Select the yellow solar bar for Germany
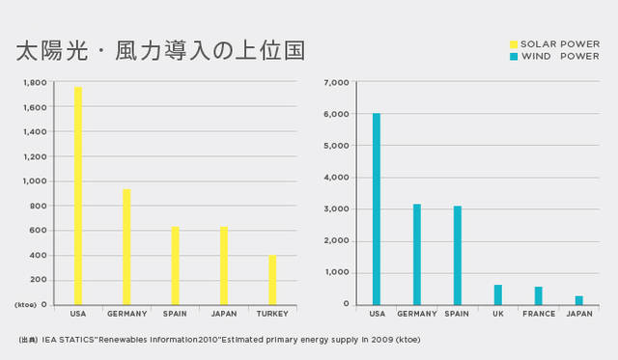[x=126, y=247]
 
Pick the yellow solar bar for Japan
[x=224, y=265]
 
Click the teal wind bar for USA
[x=377, y=208]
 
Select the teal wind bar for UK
[x=498, y=294]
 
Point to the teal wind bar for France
[x=538, y=295]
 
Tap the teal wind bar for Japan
[x=578, y=300]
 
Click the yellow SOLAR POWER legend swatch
[x=514, y=44]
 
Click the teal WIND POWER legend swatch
[x=514, y=56]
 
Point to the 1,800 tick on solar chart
[x=35, y=83]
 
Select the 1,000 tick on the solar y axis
[x=35, y=181]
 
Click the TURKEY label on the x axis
[x=272, y=314]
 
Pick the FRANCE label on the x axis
[x=538, y=314]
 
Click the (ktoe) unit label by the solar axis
[x=25, y=305]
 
